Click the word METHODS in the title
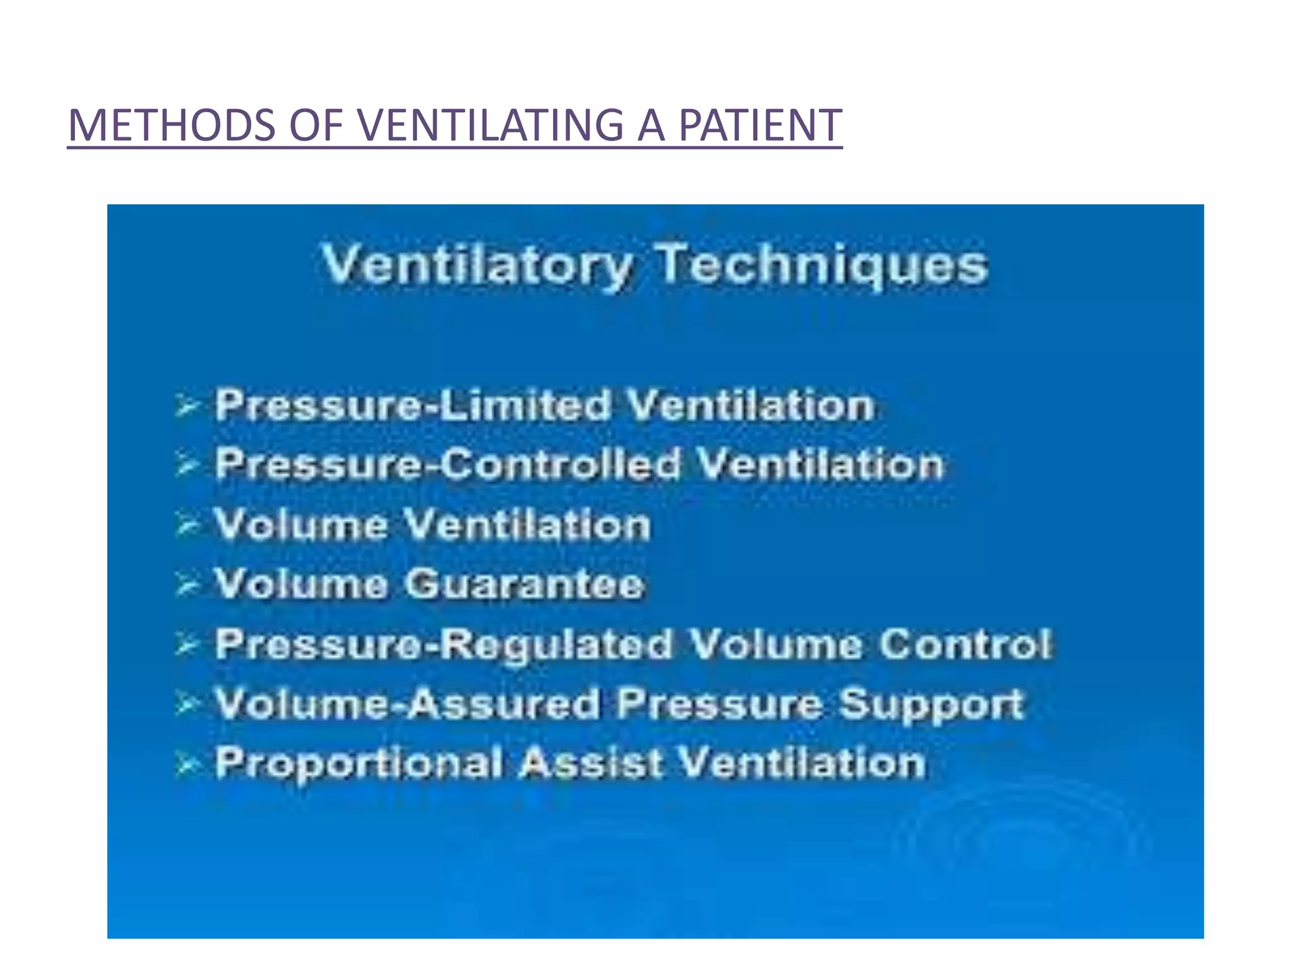click(x=171, y=125)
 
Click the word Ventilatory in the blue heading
click(x=477, y=265)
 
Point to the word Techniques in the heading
click(x=821, y=265)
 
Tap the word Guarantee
click(x=524, y=584)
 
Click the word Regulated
click(x=556, y=644)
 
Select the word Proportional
click(x=359, y=763)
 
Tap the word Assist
click(x=591, y=763)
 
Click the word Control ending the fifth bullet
click(x=965, y=644)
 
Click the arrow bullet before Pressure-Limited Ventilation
click(x=186, y=406)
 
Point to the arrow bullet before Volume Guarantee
click(x=186, y=585)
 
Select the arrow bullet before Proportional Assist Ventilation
click(x=186, y=764)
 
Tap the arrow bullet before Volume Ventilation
click(x=186, y=526)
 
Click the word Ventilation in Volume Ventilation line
click(x=527, y=524)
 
